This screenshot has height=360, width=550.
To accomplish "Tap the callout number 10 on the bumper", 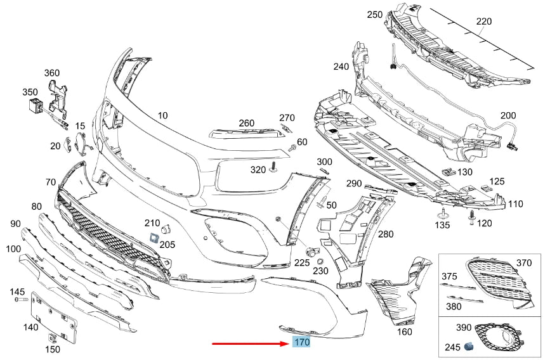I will [163, 115].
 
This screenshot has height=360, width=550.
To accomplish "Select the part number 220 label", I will [484, 22].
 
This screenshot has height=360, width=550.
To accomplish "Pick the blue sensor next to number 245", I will [470, 347].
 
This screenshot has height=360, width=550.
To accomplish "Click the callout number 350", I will [30, 93].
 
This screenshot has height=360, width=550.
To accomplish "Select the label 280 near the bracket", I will [385, 234].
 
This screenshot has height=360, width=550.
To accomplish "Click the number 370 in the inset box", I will [523, 262].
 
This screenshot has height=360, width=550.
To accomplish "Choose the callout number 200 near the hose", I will [508, 116].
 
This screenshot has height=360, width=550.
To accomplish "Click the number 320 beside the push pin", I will [258, 170].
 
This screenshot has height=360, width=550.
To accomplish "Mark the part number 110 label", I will [515, 204].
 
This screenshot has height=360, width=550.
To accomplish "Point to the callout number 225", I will [302, 262].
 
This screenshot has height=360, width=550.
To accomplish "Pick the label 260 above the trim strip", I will [246, 123].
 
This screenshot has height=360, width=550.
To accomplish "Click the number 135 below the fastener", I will [442, 226].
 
